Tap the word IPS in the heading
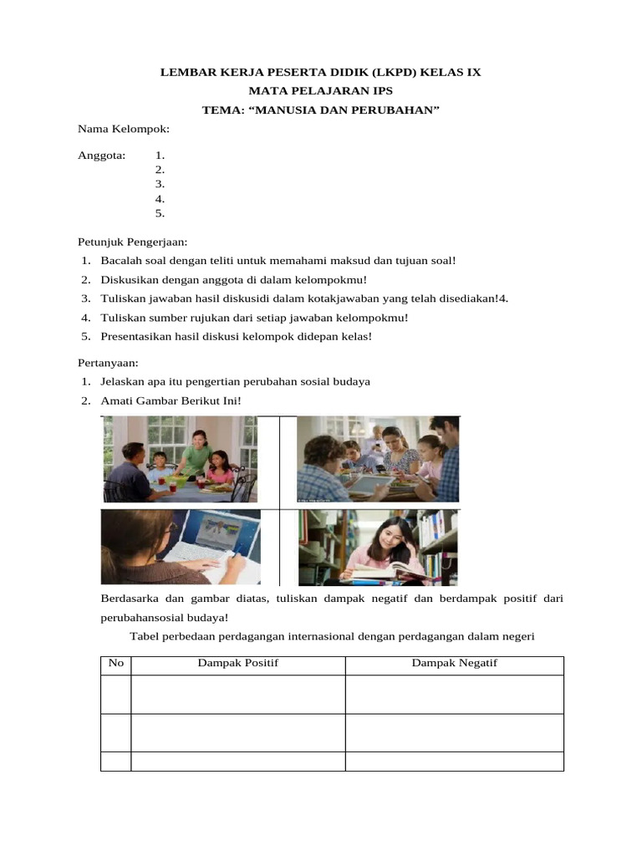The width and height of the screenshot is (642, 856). click(x=378, y=91)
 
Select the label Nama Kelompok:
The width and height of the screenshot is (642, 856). click(x=124, y=129)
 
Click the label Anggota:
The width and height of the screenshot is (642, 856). click(x=101, y=155)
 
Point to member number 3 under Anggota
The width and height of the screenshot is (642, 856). click(x=160, y=184)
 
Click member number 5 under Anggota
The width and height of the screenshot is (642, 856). click(x=160, y=213)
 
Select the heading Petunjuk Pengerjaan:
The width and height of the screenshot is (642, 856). click(x=132, y=242)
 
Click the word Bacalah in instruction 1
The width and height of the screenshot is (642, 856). click(x=120, y=261)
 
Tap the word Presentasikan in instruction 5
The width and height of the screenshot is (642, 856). click(x=137, y=336)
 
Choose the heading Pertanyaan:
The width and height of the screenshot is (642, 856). click(x=108, y=364)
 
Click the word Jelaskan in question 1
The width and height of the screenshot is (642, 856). click(x=122, y=382)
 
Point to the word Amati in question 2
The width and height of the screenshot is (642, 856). click(x=117, y=401)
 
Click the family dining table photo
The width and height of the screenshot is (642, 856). click(x=180, y=459)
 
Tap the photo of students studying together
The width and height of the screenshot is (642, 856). click(x=378, y=459)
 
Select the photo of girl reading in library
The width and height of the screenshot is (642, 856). click(x=378, y=548)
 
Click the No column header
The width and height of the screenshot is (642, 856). click(x=116, y=663)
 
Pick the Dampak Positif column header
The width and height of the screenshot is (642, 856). click(x=237, y=663)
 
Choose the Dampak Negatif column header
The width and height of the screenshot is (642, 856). click(x=454, y=663)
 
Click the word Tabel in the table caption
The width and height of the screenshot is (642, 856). click(x=149, y=636)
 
